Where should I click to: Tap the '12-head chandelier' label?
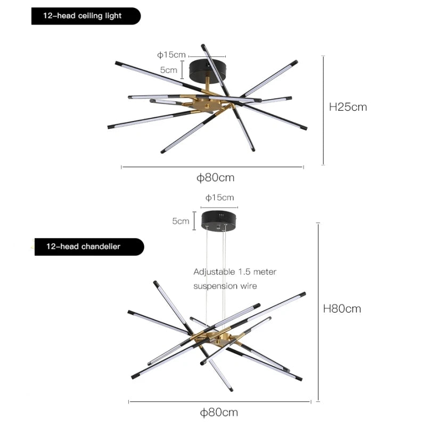[83, 247]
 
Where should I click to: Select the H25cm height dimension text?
[348, 106]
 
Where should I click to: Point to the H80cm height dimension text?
[342, 308]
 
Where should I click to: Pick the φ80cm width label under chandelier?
[219, 412]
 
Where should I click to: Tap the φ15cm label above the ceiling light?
[171, 55]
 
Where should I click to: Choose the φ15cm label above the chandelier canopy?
[220, 198]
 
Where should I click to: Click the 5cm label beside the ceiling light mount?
[169, 70]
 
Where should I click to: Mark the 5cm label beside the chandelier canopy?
[181, 221]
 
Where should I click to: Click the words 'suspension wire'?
[225, 286]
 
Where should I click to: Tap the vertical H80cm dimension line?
[318, 312]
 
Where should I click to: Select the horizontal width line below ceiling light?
[212, 167]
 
